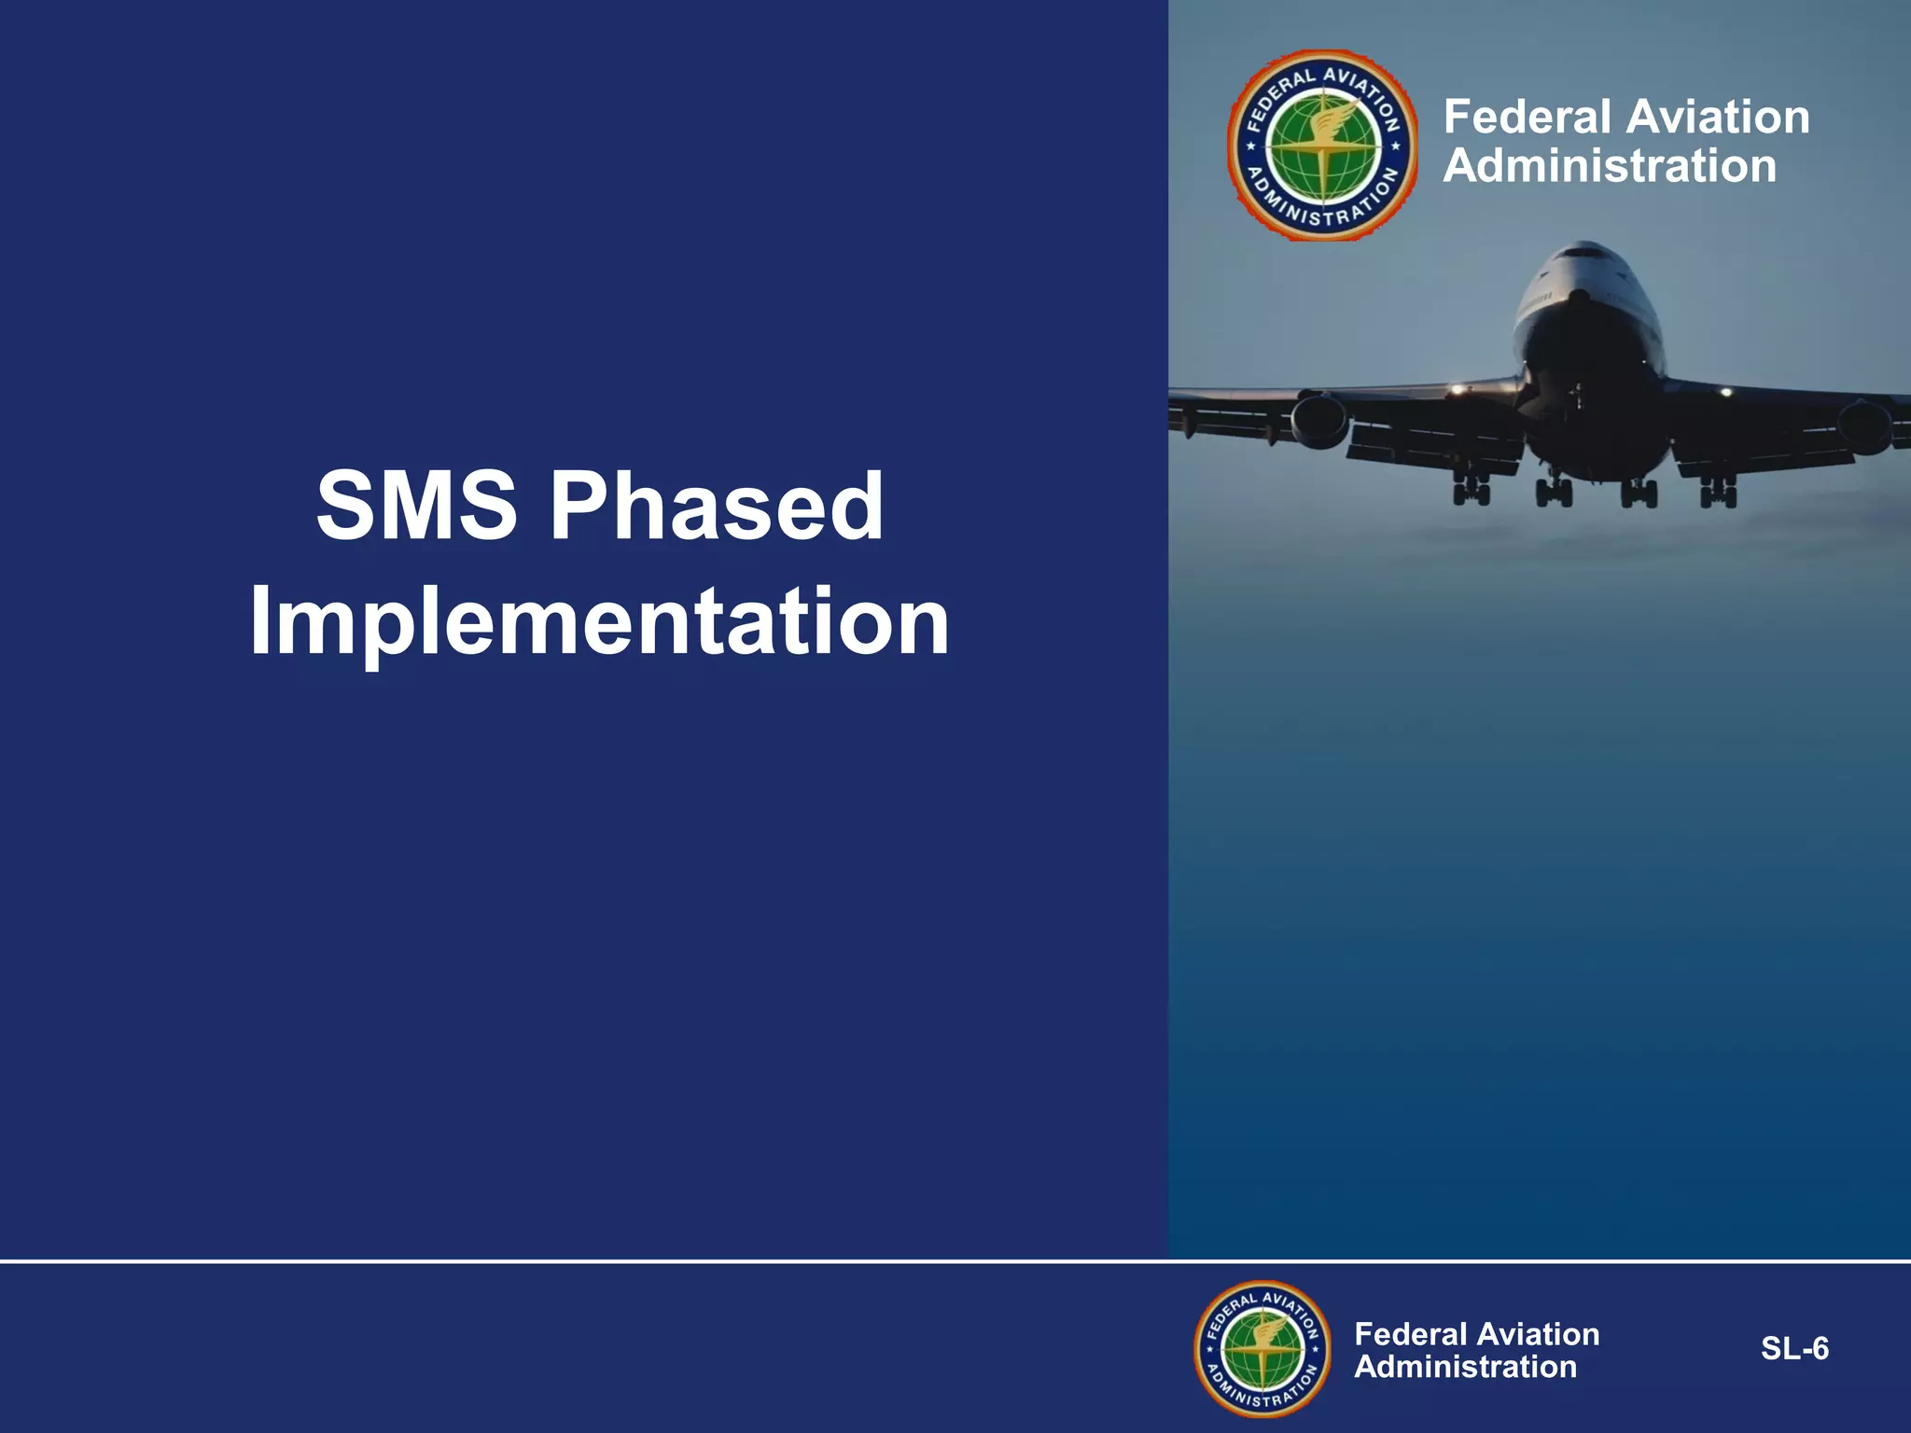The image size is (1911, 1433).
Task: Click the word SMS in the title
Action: tap(416, 506)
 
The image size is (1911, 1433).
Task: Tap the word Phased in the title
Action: tap(716, 506)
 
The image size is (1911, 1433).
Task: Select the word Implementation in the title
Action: tap(599, 622)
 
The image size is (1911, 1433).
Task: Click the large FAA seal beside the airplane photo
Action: tap(1322, 146)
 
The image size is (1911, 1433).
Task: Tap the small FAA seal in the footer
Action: tap(1262, 1349)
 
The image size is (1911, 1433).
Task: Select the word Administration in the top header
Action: tap(1610, 167)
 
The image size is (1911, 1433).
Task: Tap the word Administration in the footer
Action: tap(1465, 1367)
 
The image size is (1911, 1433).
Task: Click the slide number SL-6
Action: tap(1794, 1349)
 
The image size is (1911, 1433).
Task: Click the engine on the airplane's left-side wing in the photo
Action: tap(1319, 420)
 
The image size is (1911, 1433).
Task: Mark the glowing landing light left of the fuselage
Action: tap(1454, 389)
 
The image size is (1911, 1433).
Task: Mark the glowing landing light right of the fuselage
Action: tap(1725, 392)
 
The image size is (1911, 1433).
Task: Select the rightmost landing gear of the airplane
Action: tap(1718, 491)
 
